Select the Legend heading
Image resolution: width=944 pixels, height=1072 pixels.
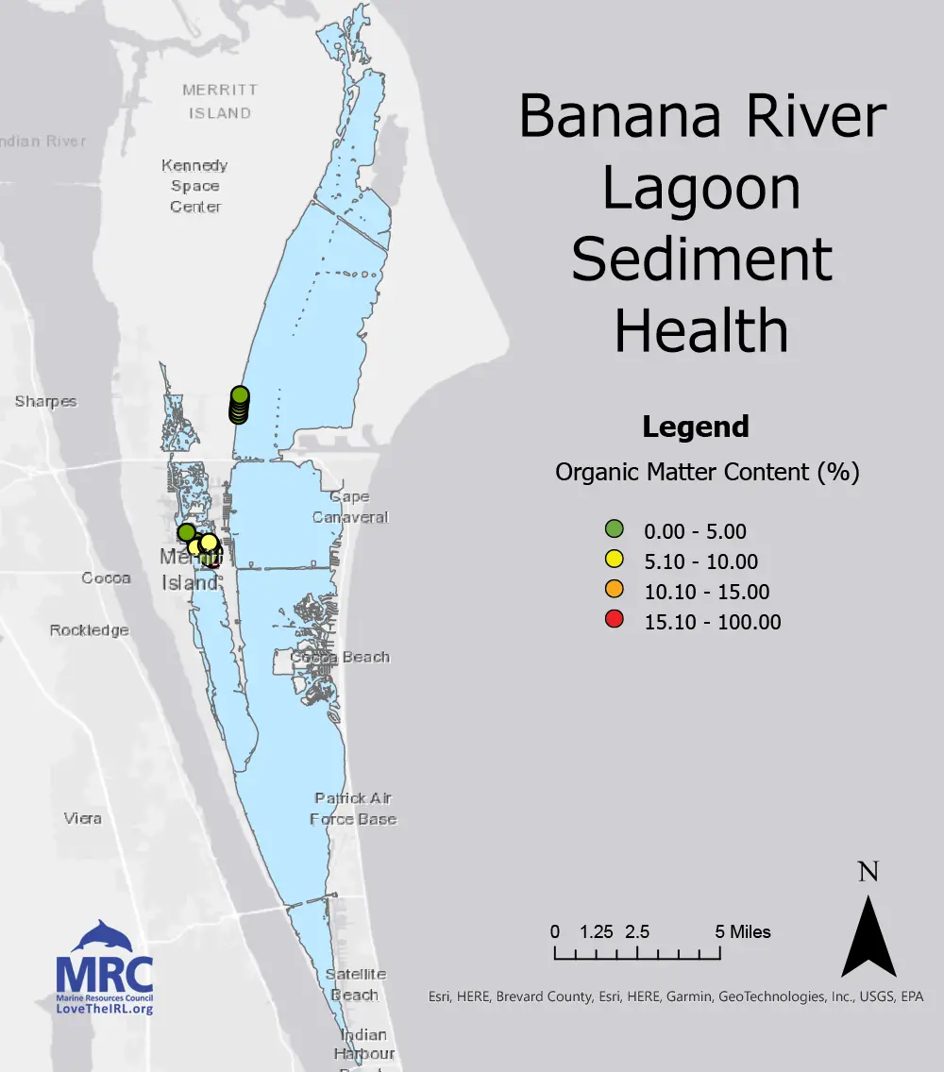696,427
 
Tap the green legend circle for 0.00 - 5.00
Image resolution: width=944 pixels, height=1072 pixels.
615,531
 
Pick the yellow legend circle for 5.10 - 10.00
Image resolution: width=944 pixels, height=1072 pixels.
615,561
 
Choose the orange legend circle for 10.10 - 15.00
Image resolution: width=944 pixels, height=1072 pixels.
615,591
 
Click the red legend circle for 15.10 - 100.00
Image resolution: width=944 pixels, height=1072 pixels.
615,621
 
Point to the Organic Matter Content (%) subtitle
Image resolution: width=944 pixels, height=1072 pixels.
707,472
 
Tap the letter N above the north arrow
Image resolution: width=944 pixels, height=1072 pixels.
868,871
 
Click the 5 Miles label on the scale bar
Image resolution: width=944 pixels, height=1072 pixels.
743,932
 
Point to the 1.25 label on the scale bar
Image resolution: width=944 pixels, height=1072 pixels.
597,932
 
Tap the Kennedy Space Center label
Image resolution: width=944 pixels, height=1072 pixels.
195,186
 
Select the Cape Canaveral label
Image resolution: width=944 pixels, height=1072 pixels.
350,507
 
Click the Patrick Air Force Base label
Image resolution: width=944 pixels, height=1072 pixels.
353,809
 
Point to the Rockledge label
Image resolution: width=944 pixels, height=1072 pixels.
90,630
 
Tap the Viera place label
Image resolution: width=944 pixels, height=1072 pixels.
83,818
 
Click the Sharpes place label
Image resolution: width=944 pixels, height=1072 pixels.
45,402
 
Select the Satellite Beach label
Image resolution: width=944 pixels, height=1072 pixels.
356,984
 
